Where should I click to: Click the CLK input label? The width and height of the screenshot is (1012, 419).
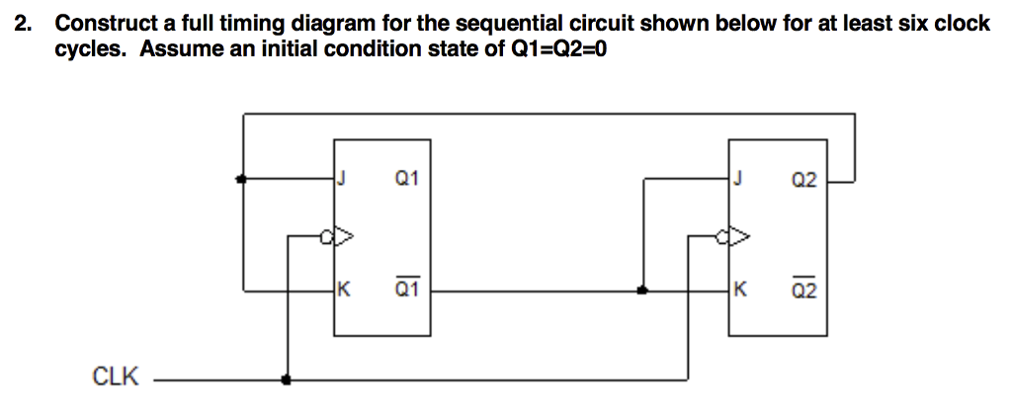[x=116, y=377]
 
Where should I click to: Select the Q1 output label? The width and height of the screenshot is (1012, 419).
[x=406, y=179]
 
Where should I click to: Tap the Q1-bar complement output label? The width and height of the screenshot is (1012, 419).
[x=406, y=290]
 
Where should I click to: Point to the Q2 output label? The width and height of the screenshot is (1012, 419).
[x=804, y=180]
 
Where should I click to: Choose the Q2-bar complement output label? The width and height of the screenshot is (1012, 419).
[x=804, y=290]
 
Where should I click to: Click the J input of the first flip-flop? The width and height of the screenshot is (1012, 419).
[x=342, y=179]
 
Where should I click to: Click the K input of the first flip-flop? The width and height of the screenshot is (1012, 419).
[x=342, y=290]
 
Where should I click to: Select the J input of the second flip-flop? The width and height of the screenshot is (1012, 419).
[x=737, y=179]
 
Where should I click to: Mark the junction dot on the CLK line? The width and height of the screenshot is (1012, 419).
[x=287, y=378]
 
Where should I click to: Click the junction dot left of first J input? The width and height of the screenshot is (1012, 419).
[x=242, y=180]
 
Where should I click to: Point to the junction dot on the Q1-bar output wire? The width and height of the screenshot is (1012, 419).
[x=642, y=291]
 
